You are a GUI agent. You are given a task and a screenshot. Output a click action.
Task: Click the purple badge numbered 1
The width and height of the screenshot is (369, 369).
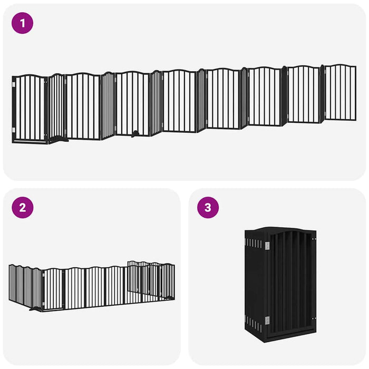coord(22,24)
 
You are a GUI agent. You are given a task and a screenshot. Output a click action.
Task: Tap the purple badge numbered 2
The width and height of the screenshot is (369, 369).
coord(22,207)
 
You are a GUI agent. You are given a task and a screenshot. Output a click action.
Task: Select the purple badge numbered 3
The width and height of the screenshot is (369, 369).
coord(208,207)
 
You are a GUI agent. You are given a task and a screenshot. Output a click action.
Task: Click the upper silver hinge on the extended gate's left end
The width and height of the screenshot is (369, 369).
coord(14,82)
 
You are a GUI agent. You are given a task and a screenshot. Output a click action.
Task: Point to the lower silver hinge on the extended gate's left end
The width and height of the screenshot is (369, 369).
coord(14,130)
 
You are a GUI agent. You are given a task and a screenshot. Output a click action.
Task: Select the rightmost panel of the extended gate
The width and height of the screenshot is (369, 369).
coord(340,93)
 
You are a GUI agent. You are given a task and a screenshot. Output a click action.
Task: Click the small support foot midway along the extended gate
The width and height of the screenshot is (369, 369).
coord(135,134)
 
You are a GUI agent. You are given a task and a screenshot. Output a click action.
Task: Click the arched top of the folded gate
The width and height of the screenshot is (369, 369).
coord(287,230)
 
